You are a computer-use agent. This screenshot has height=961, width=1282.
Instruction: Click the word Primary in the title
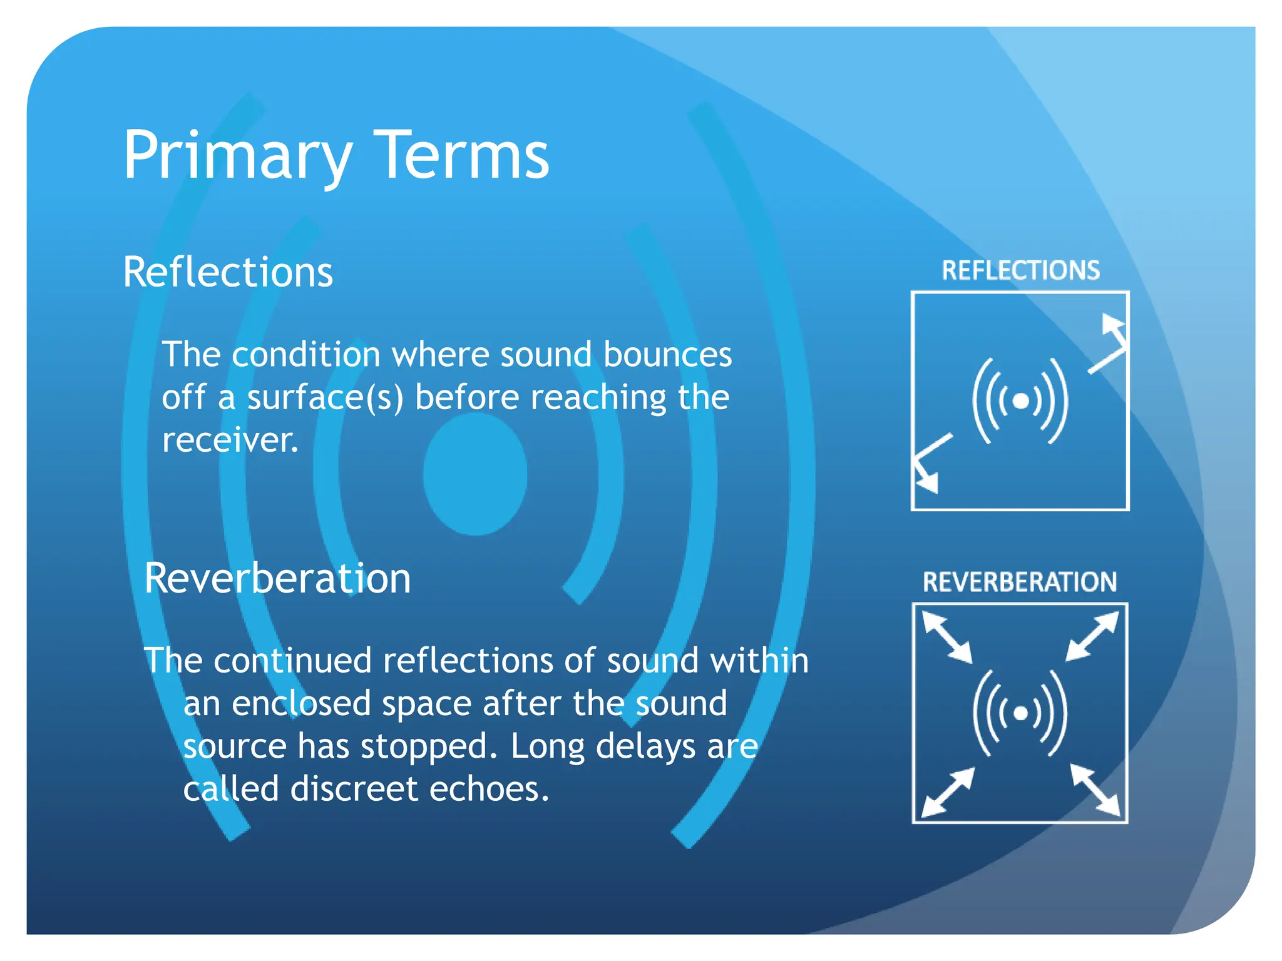pos(237,156)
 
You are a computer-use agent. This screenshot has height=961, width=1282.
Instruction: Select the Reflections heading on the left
pos(228,273)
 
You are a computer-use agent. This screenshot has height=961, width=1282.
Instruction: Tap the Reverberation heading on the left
pos(277,578)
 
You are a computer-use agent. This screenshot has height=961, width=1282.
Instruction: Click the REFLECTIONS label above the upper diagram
pos(1020,270)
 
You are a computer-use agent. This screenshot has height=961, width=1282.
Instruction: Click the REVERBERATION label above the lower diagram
pos(1020,582)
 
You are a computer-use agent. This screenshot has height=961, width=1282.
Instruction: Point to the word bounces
pos(667,355)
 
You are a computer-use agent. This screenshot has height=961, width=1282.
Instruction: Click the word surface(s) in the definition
pos(326,398)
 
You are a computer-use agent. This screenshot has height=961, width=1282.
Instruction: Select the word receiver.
pos(230,440)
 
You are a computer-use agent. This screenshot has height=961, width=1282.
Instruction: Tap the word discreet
pos(354,788)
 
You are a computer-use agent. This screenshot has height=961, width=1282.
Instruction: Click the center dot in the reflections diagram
pos(1020,400)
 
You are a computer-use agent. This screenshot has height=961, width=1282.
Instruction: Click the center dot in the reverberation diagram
pos(1020,713)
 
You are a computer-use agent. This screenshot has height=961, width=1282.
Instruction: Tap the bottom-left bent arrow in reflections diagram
pos(928,463)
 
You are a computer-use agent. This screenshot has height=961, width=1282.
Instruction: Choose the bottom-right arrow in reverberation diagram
pos(1095,790)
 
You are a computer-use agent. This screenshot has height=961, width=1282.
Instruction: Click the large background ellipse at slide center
pos(475,474)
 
